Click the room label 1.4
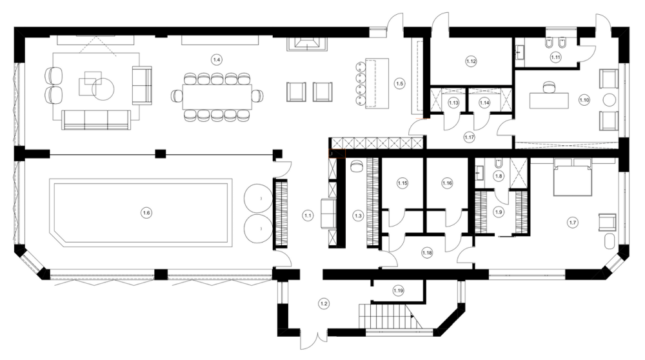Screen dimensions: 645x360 217,60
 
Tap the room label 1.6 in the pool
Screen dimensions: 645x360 146,213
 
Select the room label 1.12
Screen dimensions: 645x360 471,61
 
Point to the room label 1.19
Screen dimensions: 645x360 398,290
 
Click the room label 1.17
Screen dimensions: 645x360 470,137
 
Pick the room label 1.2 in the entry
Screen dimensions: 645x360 324,304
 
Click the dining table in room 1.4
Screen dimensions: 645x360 217,97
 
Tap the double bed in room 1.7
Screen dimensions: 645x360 573,177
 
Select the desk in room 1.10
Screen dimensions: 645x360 549,101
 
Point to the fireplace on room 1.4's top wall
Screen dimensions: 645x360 307,44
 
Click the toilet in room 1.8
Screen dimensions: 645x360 499,164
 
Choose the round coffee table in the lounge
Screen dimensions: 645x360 103,89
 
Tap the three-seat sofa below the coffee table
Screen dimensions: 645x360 96,120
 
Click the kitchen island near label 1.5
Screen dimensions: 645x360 377,83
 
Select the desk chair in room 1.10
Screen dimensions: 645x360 549,87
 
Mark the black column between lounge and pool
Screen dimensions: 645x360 161,154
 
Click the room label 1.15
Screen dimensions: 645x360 402,183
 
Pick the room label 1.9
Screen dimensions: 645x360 499,212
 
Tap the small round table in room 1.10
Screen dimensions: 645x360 610,100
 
